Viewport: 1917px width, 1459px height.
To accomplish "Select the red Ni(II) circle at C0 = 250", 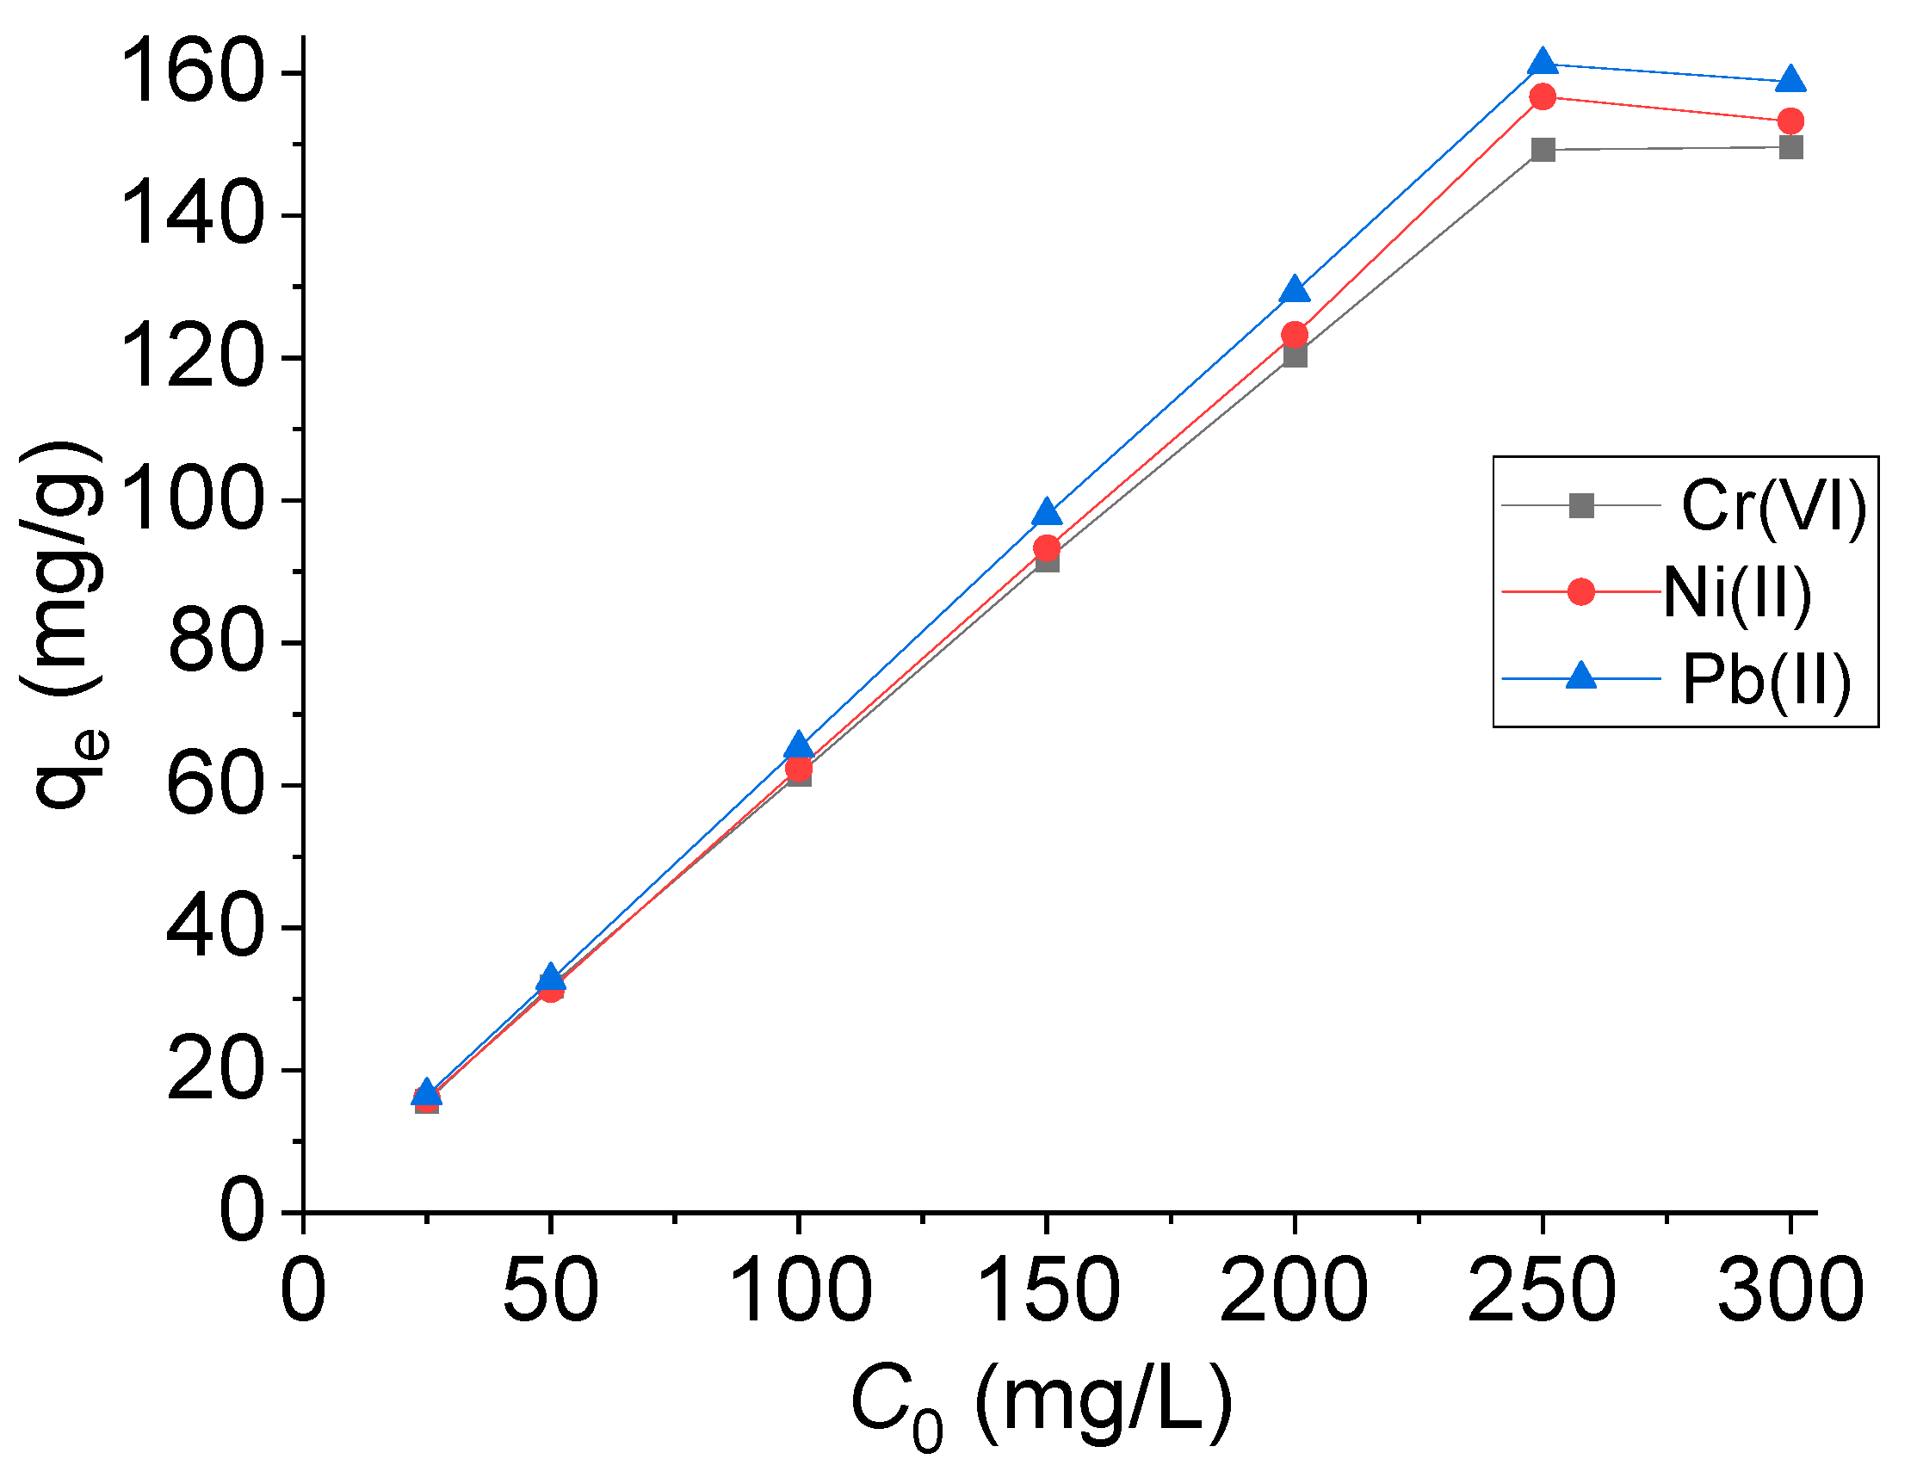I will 1543,96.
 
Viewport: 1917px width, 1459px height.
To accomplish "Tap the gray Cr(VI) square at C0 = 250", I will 1543,150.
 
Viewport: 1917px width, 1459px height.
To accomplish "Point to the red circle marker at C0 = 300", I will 1790,121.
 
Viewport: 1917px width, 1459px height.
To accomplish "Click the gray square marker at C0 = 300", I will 1790,147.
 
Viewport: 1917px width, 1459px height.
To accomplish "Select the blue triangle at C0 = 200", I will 1295,290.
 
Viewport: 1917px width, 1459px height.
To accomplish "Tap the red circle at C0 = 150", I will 1047,548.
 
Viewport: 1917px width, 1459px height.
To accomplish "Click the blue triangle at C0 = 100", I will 798,746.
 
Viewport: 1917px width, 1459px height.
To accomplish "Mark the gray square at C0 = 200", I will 1295,355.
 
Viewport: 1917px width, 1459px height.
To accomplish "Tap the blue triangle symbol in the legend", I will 1580,677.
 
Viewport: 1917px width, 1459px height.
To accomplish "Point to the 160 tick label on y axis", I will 192,73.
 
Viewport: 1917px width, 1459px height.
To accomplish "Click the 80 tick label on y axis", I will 214,643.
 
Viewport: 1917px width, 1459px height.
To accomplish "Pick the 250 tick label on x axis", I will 1542,1290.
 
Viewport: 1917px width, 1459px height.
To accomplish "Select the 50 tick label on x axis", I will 550,1290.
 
